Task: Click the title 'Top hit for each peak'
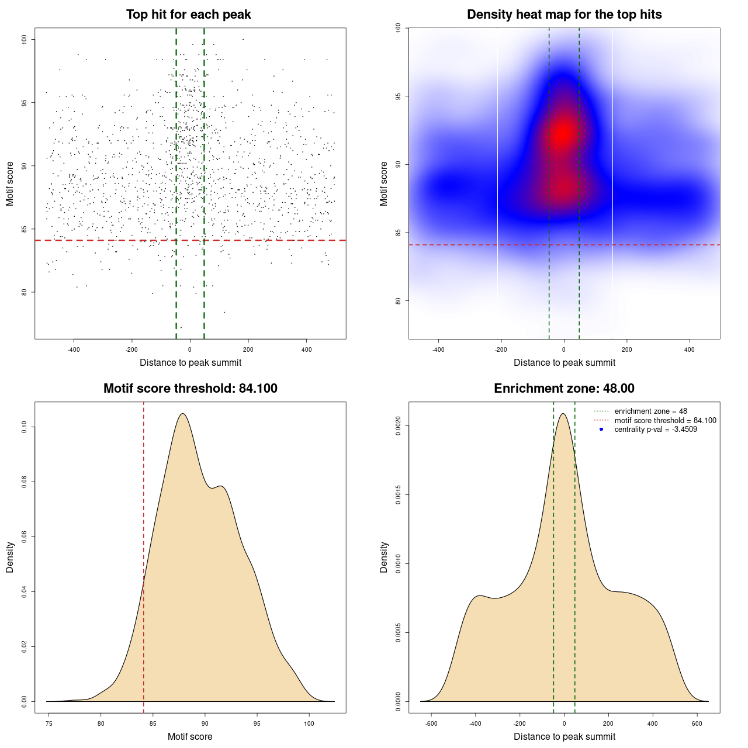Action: pyautogui.click(x=188, y=15)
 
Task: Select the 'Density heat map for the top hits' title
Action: pyautogui.click(x=564, y=15)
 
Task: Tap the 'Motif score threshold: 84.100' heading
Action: pyautogui.click(x=190, y=389)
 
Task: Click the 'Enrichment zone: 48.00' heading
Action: pyautogui.click(x=564, y=389)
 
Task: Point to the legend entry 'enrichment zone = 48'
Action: pyautogui.click(x=650, y=411)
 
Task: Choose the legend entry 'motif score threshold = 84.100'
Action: pyautogui.click(x=665, y=420)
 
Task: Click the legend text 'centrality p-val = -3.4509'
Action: pyautogui.click(x=656, y=430)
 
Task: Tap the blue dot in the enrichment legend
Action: pyautogui.click(x=601, y=430)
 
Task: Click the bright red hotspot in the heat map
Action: pyautogui.click(x=563, y=133)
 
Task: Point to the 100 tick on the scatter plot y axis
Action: pyautogui.click(x=24, y=39)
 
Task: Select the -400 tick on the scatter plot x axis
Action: pyautogui.click(x=74, y=349)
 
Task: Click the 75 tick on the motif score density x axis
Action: pyautogui.click(x=49, y=723)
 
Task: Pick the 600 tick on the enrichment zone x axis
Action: pyautogui.click(x=697, y=723)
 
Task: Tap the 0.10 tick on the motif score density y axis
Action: pyautogui.click(x=24, y=427)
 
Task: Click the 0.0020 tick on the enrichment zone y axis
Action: pyautogui.click(x=398, y=426)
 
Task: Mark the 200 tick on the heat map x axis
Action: pyautogui.click(x=627, y=349)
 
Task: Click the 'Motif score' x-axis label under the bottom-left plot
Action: pyautogui.click(x=190, y=736)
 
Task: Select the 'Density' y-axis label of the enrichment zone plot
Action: pyautogui.click(x=384, y=557)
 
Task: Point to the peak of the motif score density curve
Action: pyautogui.click(x=183, y=414)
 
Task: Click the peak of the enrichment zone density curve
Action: pyautogui.click(x=563, y=414)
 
